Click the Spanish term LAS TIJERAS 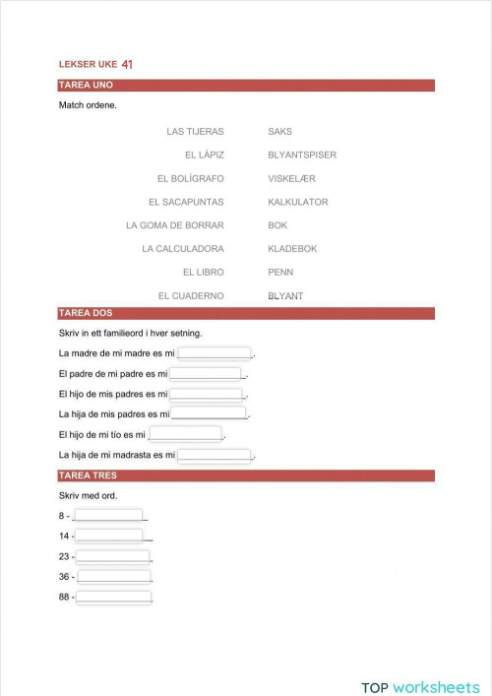pyautogui.click(x=196, y=131)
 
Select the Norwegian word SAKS pyautogui.click(x=279, y=131)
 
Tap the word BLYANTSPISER pyautogui.click(x=302, y=155)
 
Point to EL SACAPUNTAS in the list pyautogui.click(x=186, y=202)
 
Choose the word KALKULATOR pyautogui.click(x=298, y=202)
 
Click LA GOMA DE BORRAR pyautogui.click(x=175, y=225)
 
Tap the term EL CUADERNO pyautogui.click(x=191, y=295)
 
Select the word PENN pyautogui.click(x=280, y=272)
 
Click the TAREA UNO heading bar pyautogui.click(x=246, y=86)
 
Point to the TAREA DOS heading pyautogui.click(x=246, y=313)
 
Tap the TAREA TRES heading pyautogui.click(x=246, y=475)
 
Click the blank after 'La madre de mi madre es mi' pyautogui.click(x=215, y=352)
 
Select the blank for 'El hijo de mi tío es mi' pyautogui.click(x=185, y=434)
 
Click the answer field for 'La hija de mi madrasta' pyautogui.click(x=215, y=455)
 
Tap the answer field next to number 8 pyautogui.click(x=108, y=515)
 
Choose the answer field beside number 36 pyautogui.click(x=114, y=576)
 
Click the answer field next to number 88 pyautogui.click(x=114, y=597)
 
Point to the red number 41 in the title pyautogui.click(x=127, y=64)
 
